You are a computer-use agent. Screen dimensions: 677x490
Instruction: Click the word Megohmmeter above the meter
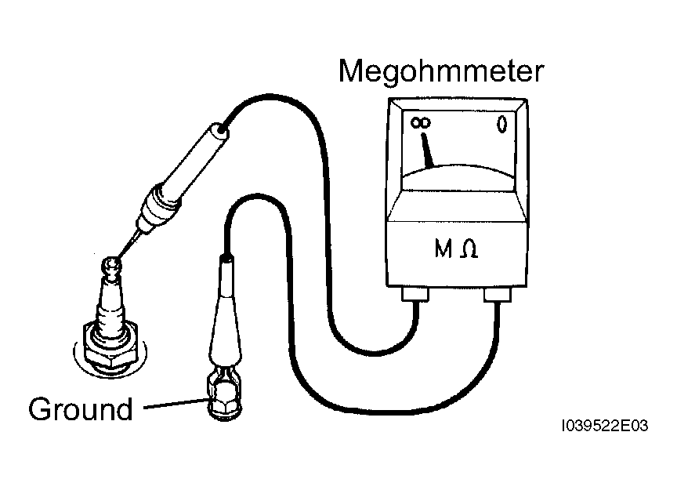coord(441,71)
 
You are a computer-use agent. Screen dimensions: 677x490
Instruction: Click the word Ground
coord(81,408)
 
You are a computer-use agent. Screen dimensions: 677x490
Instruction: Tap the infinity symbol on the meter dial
coord(420,123)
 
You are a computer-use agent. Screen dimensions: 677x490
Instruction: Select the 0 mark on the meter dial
coord(501,125)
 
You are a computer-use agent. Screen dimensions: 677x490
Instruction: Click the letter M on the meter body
coord(443,249)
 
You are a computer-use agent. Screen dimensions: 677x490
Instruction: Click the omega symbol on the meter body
coord(469,249)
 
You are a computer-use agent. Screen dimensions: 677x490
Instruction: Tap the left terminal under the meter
coord(415,294)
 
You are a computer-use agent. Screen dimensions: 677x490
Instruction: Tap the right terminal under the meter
coord(498,295)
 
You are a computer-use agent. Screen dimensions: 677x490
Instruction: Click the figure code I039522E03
coord(604,426)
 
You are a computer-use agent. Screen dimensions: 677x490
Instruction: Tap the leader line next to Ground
coord(176,404)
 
